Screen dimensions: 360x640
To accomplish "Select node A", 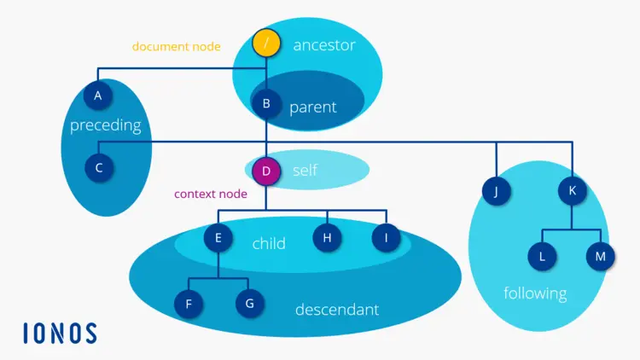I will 98,96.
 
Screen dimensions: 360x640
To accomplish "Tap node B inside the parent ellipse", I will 266,104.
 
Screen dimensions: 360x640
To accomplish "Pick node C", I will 99,167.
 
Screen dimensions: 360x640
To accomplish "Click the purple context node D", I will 266,171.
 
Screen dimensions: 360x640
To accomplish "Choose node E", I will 218,238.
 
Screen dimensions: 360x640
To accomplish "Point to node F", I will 189,303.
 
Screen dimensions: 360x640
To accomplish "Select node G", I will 249,303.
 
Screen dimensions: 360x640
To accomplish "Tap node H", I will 327,238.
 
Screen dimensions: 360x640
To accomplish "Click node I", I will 387,238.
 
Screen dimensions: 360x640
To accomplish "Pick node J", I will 496,191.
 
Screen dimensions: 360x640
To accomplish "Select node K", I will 573,191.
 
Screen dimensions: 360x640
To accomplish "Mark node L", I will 541,255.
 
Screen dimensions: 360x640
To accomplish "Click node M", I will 600,255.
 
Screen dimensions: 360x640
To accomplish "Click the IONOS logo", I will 60,333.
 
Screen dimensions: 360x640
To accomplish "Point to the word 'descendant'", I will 336,310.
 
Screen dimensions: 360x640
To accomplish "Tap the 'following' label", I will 535,293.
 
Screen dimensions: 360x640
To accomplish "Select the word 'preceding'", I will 105,125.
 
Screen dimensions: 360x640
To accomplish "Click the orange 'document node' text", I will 176,47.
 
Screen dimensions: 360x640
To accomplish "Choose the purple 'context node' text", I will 211,195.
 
